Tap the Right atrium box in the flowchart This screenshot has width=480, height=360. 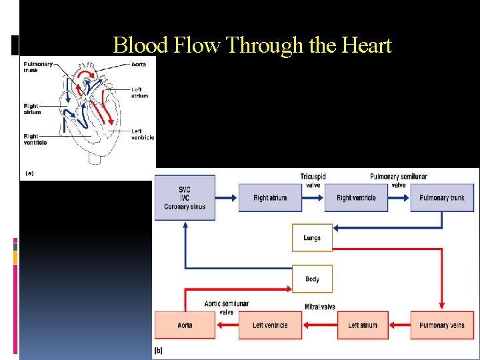click(270, 198)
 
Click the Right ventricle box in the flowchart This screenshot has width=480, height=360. click(356, 198)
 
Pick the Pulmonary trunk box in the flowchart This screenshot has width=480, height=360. click(442, 198)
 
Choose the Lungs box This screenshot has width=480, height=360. click(312, 238)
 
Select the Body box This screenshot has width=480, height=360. click(312, 279)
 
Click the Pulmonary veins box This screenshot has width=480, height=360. click(442, 325)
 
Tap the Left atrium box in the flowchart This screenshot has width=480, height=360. click(363, 325)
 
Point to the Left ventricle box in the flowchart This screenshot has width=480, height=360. click(270, 325)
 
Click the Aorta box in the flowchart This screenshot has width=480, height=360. click(185, 325)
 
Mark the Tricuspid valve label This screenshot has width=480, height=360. click(313, 181)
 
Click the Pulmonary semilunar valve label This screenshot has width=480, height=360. click(399, 181)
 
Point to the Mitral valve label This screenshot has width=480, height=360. click(320, 307)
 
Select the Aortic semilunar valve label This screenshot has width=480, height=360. click(227, 307)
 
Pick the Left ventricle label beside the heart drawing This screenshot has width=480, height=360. click(142, 134)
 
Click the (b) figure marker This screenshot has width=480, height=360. click(159, 350)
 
